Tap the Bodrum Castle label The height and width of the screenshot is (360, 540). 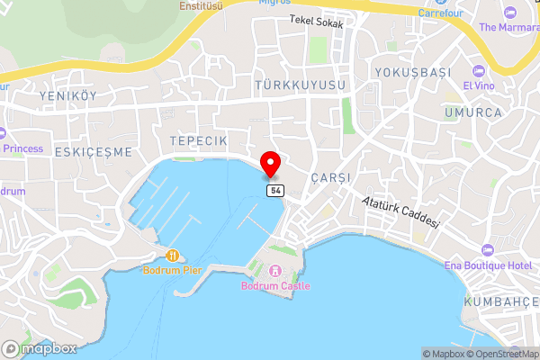coord(275,286)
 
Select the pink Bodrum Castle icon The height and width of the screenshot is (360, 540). coord(275,271)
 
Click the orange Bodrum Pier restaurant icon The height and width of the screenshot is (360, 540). coord(171,256)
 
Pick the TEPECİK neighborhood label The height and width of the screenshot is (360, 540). coord(198,142)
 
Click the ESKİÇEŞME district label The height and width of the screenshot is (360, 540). coord(94,151)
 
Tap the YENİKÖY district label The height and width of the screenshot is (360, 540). coord(67,96)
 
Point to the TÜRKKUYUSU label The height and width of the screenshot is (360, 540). coord(300,85)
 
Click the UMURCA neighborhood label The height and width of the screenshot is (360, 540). coord(472,112)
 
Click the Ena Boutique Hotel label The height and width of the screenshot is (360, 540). coord(489,265)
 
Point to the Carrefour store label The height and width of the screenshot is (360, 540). coord(445,13)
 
